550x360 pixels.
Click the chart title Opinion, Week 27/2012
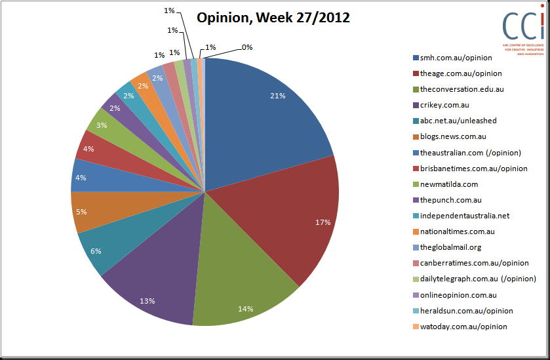[x=273, y=18]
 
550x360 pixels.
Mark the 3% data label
[x=102, y=125]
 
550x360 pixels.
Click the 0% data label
[x=247, y=47]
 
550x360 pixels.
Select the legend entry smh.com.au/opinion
[x=452, y=58]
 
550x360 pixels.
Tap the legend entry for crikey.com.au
[x=441, y=105]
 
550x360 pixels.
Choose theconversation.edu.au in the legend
[x=458, y=89]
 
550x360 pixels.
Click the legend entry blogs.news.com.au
[x=450, y=136]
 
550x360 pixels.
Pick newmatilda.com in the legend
[x=446, y=184]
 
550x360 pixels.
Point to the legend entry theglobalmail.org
[x=447, y=247]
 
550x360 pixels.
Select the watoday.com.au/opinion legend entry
[x=460, y=327]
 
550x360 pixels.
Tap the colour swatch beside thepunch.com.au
[x=416, y=201]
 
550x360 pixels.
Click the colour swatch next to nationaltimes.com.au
[x=416, y=232]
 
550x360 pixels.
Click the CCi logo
[x=523, y=30]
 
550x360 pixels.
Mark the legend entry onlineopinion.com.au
[x=455, y=295]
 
